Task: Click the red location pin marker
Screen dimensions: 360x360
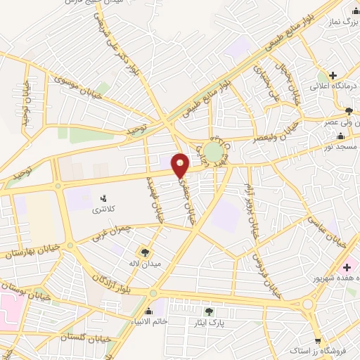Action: pyautogui.click(x=181, y=165)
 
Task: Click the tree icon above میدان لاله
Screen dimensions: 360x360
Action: pyautogui.click(x=146, y=252)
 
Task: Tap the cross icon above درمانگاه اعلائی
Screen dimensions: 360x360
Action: pyautogui.click(x=332, y=75)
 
